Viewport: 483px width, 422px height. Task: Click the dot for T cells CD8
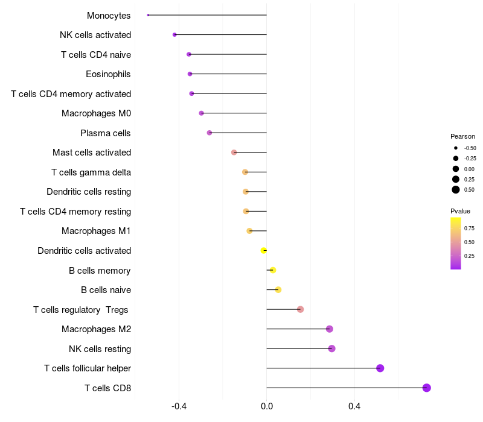[427, 388]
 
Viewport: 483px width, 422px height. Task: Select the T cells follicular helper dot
[380, 368]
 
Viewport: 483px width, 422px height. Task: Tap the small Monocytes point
[148, 15]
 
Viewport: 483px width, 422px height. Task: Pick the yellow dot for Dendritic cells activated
[264, 250]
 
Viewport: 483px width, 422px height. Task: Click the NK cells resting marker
[331, 348]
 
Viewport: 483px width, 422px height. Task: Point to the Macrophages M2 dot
[330, 329]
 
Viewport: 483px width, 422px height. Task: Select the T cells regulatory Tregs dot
[300, 309]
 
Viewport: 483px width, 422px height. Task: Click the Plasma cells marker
[210, 133]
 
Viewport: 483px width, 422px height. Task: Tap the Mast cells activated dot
[234, 153]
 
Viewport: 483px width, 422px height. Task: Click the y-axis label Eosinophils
[109, 74]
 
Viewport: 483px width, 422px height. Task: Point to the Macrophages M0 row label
[96, 113]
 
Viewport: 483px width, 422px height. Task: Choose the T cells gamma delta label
[91, 172]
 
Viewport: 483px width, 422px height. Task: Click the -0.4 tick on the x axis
[179, 406]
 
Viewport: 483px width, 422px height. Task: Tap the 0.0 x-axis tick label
[267, 406]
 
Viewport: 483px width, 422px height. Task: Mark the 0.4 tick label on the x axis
[354, 406]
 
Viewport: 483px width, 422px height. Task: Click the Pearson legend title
[462, 136]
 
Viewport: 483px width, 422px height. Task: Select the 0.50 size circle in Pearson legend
[456, 190]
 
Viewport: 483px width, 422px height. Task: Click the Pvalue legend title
[460, 211]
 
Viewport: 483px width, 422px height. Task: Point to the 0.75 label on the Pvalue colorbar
[469, 228]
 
